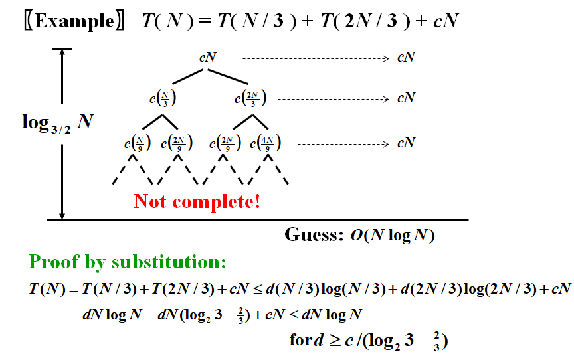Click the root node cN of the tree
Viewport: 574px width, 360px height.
click(x=208, y=57)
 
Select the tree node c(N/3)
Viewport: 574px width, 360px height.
click(x=163, y=99)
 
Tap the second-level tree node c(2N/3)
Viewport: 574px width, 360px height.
click(x=250, y=99)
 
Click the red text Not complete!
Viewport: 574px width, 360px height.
click(x=197, y=201)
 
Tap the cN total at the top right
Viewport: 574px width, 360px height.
click(x=406, y=58)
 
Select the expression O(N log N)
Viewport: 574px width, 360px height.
click(x=393, y=236)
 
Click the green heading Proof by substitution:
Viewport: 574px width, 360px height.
click(x=128, y=262)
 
